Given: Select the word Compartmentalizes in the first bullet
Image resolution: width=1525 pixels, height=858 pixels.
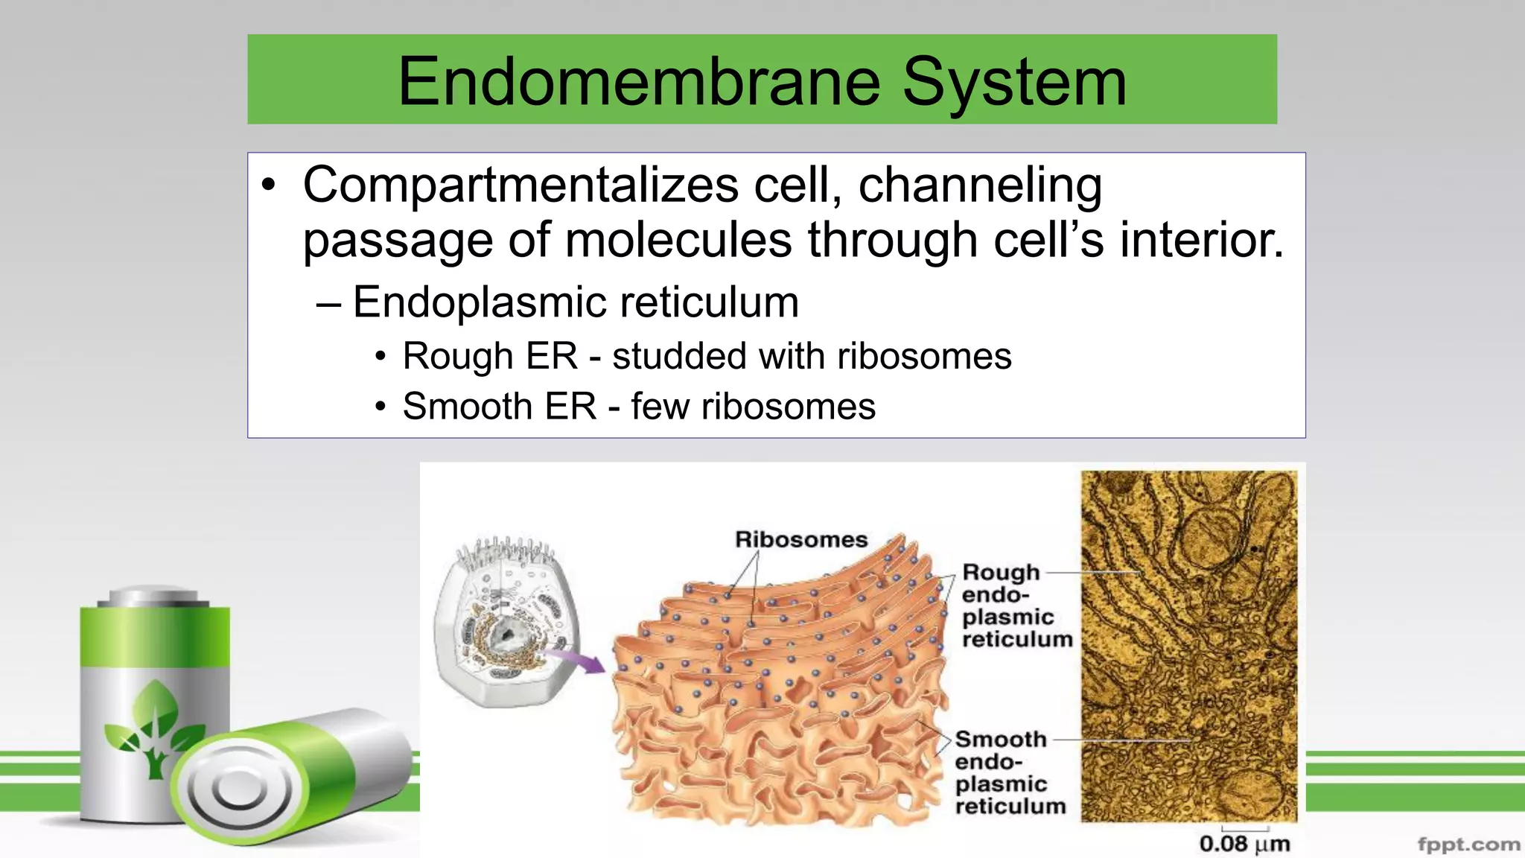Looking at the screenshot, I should (x=520, y=185).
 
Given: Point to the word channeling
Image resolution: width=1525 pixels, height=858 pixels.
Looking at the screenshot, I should (x=980, y=185).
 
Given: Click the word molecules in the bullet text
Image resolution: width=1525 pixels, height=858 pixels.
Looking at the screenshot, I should (x=678, y=241).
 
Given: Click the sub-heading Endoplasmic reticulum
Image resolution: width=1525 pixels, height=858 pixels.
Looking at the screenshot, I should (x=575, y=302).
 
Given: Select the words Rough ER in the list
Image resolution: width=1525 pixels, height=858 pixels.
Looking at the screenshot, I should (x=490, y=356).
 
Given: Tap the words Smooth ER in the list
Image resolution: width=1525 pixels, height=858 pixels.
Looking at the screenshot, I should (x=500, y=407).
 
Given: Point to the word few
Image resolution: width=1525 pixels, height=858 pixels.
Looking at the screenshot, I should (x=658, y=407).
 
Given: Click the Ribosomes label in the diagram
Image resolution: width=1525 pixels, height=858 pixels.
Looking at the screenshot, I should (x=801, y=539).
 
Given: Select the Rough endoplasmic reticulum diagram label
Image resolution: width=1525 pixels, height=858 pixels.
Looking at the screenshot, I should (x=1016, y=606).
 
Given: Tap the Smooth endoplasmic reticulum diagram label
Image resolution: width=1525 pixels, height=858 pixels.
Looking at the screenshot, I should (x=1010, y=772).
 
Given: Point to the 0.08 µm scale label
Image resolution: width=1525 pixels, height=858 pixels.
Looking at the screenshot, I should (x=1244, y=844).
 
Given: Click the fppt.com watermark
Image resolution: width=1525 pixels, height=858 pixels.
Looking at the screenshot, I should (x=1468, y=845).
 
